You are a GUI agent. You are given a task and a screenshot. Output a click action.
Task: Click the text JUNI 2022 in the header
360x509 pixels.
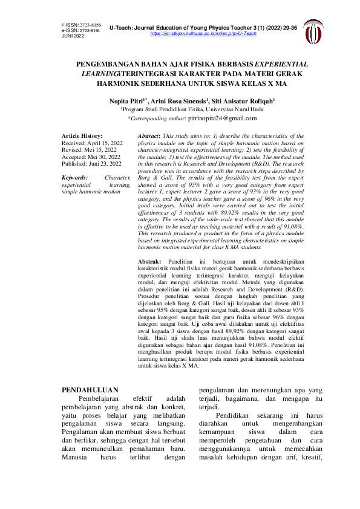click(x=73, y=36)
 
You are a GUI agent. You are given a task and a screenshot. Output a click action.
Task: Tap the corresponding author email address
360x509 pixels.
click(x=221, y=120)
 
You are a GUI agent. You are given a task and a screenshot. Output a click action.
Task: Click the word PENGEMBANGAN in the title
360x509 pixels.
click(x=106, y=63)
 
